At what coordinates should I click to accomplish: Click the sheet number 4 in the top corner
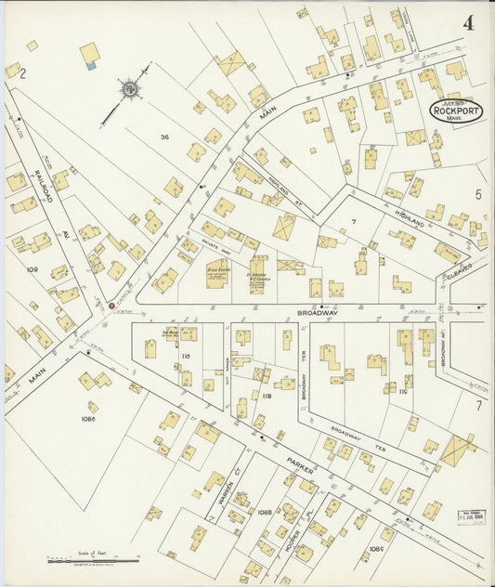[468, 22]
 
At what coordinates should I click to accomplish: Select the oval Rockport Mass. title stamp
[456, 111]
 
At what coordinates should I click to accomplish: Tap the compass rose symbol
[131, 90]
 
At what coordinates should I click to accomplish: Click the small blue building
[90, 66]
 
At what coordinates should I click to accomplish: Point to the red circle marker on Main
[111, 305]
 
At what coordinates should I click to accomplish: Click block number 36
[164, 137]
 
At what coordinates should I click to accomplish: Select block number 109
[33, 270]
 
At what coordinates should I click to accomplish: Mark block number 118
[185, 356]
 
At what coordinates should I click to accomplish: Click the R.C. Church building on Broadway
[258, 276]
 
